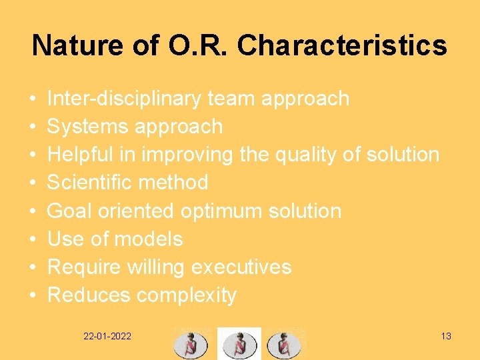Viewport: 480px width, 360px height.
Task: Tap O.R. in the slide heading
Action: (x=199, y=45)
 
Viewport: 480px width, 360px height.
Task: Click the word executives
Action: (x=241, y=267)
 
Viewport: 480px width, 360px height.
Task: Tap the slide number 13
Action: (x=446, y=336)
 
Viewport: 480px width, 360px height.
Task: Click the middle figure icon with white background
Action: (x=239, y=343)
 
